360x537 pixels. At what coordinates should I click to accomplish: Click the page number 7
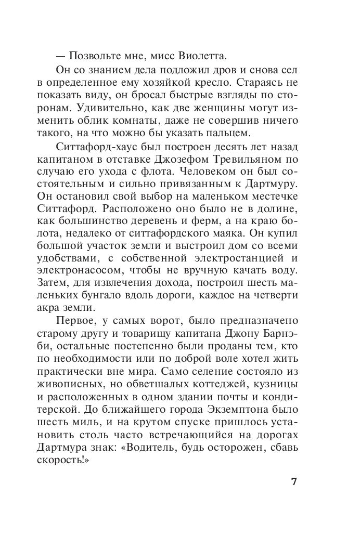pos(294,481)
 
